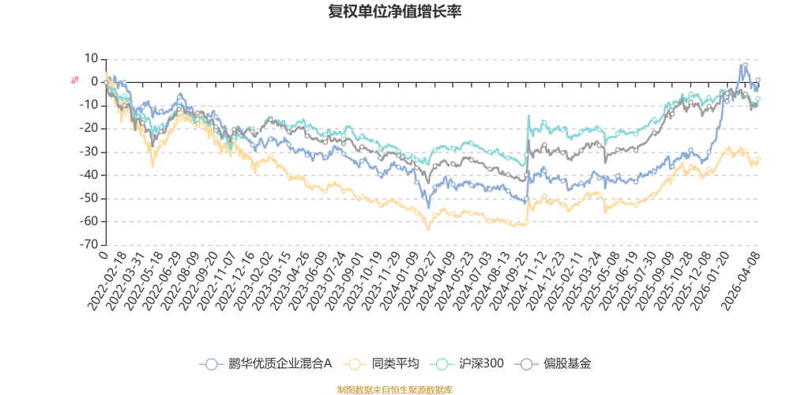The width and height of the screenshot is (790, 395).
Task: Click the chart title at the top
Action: point(394,11)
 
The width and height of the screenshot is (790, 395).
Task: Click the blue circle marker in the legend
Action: point(211,364)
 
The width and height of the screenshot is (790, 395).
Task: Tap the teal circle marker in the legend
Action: point(444,364)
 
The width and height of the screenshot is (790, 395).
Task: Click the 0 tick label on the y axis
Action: point(94,81)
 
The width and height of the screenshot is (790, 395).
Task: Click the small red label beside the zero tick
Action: point(75,79)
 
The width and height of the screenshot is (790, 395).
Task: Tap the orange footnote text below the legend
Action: point(394,388)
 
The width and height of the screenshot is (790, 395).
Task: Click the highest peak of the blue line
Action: point(743,63)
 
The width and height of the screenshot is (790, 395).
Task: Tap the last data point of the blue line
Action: point(758,80)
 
